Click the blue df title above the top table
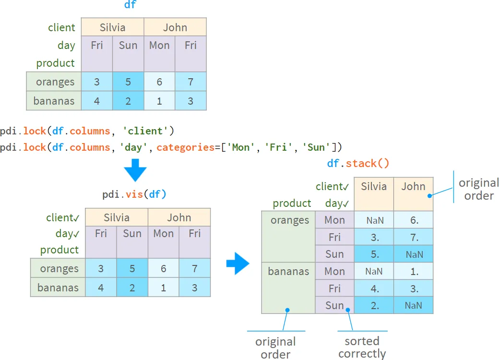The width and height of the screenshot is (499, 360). coord(130,4)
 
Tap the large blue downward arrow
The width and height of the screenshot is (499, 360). coord(135,170)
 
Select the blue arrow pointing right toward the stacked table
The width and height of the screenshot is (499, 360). coord(238,264)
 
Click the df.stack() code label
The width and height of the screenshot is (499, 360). coord(358,164)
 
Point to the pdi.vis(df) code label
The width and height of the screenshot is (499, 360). coord(134,194)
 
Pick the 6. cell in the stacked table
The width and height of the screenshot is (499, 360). coord(414,220)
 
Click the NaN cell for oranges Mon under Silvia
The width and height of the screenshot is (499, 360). coord(374,220)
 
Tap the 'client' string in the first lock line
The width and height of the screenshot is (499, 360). coord(145,131)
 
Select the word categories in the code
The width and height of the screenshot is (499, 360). coord(186,147)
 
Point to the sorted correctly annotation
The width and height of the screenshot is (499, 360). coord(362,347)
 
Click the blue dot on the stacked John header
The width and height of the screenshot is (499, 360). coord(429,196)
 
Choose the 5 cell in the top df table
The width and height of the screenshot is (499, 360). coord(128,82)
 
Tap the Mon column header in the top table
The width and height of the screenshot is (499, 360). coord(159,45)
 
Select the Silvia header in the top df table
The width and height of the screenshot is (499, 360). coord(113,27)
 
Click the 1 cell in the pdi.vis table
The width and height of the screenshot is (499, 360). coord(163,288)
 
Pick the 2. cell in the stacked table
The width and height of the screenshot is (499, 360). coord(374,306)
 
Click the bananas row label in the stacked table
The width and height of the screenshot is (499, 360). coord(288,271)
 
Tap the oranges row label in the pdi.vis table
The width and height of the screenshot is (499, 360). coord(59,269)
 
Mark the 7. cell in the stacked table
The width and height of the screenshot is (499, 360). coord(414,237)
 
